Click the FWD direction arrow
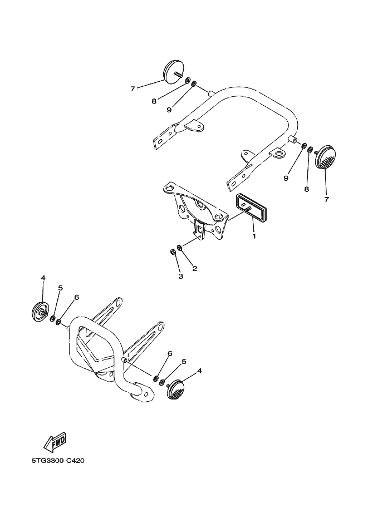(56, 442)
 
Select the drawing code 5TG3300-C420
(58, 460)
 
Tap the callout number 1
(254, 236)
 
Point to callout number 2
(194, 268)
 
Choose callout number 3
(180, 276)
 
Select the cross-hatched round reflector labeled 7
(326, 159)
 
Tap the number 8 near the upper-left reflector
(154, 101)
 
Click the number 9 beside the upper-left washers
(169, 110)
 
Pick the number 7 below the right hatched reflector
(326, 199)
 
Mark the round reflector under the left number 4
(40, 312)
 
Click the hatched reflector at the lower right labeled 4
(175, 389)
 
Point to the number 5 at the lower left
(60, 288)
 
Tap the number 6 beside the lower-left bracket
(76, 297)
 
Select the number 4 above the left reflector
(43, 278)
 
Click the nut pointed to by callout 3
(173, 251)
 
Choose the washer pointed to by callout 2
(179, 248)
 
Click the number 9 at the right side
(286, 178)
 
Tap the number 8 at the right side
(306, 189)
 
